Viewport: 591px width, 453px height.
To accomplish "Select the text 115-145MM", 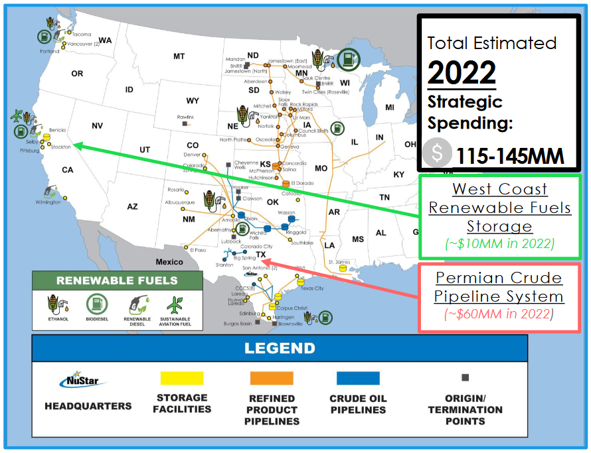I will [510, 157].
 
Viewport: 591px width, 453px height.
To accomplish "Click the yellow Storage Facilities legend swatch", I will [182, 378].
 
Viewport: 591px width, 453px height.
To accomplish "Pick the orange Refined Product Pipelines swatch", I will [272, 378].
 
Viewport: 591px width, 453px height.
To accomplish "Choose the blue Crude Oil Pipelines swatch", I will [358, 378].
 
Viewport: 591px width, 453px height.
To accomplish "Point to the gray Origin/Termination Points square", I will [465, 377].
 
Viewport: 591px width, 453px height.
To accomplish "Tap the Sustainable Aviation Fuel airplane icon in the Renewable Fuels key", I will [175, 307].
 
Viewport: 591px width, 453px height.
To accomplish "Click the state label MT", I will [179, 57].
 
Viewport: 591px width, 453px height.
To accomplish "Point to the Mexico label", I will [169, 262].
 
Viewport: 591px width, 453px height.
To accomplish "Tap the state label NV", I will [98, 126].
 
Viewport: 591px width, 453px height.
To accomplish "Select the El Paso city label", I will [198, 250].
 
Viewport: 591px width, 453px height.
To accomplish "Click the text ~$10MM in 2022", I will [499, 243].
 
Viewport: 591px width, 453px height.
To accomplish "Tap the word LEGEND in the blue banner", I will [280, 348].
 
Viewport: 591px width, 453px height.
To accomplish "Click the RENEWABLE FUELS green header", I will [117, 281].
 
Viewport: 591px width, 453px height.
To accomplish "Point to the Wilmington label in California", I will [48, 202].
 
